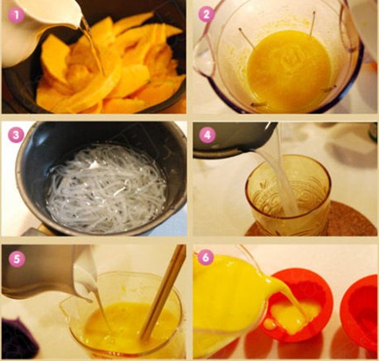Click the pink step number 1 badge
tap(16, 15)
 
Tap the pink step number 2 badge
tap(207, 15)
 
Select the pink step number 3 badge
tap(16, 135)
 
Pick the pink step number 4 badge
tap(207, 135)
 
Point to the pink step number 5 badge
tap(17, 260)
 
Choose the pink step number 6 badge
tap(206, 258)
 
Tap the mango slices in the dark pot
tap(111, 67)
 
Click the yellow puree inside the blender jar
tap(289, 72)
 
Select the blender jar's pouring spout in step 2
tap(205, 59)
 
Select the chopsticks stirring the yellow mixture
tap(165, 291)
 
